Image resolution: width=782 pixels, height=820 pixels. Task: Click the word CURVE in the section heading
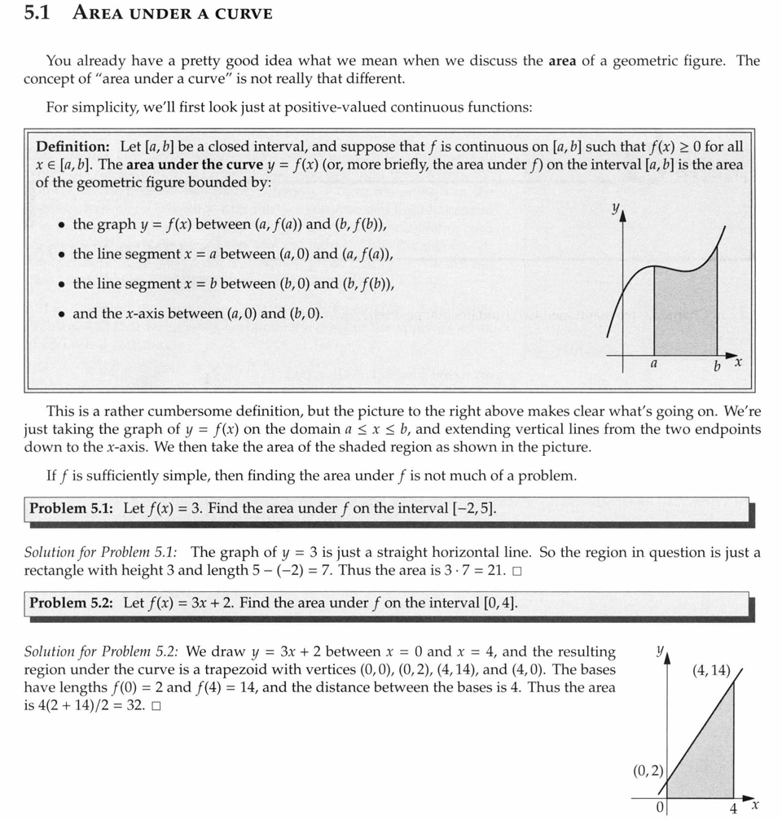coord(242,13)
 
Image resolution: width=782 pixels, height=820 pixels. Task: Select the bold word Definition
coord(72,147)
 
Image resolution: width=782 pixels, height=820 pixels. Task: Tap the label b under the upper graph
coord(717,367)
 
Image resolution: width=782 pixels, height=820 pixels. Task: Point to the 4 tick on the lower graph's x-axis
coord(733,807)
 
